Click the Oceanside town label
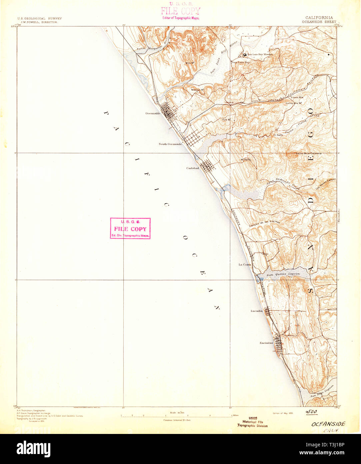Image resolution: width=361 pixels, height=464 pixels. [153, 113]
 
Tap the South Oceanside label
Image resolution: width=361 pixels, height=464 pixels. [170, 144]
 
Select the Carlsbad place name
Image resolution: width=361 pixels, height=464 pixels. [192, 168]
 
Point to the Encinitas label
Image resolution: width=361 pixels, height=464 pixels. [266, 343]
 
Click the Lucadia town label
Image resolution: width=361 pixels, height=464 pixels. [256, 311]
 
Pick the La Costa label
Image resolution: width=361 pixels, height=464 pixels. [244, 265]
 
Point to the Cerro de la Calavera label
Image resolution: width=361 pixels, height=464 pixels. [309, 153]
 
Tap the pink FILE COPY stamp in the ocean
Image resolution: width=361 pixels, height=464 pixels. [130, 229]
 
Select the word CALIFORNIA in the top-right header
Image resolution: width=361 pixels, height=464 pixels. [319, 18]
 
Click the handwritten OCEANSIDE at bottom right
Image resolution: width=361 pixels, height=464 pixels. [328, 424]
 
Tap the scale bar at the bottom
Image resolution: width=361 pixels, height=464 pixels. [176, 416]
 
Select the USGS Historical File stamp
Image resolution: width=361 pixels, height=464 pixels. [252, 422]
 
